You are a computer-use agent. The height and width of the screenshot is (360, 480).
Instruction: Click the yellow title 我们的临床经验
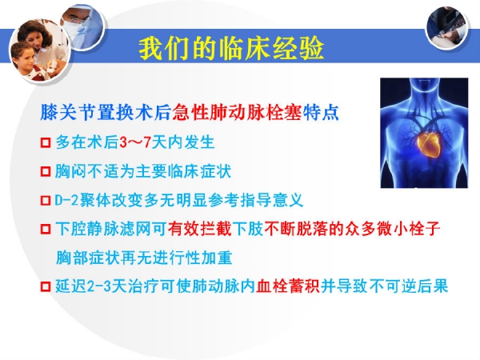pyautogui.click(x=231, y=48)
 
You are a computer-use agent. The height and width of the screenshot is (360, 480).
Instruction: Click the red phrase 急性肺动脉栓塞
pyautogui.click(x=237, y=112)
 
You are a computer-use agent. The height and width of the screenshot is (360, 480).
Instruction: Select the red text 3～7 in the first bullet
pyautogui.click(x=135, y=142)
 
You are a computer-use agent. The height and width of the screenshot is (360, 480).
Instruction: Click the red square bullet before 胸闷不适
pyautogui.click(x=46, y=171)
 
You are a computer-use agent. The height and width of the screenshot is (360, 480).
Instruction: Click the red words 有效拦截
pyautogui.click(x=199, y=229)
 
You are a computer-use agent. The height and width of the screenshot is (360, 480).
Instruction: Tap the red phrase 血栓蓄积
pyautogui.click(x=288, y=286)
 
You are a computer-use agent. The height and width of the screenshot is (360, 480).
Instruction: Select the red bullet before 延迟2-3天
pyautogui.click(x=46, y=287)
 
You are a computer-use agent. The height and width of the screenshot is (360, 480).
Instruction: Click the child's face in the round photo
pyautogui.click(x=23, y=58)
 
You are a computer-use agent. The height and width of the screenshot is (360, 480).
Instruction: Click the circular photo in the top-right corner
pyautogui.click(x=447, y=27)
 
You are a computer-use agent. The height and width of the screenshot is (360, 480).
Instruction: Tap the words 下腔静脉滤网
pyautogui.click(x=103, y=229)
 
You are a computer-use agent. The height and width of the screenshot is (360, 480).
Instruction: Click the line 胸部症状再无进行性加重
pyautogui.click(x=144, y=258)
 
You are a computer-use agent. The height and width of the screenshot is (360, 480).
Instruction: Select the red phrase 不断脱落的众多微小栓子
pyautogui.click(x=352, y=229)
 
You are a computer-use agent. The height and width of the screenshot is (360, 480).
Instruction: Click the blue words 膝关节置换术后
pyautogui.click(x=106, y=112)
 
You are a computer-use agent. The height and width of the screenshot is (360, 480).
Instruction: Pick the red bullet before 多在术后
pyautogui.click(x=46, y=142)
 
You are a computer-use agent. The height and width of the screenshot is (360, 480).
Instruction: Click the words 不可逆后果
pyautogui.click(x=408, y=286)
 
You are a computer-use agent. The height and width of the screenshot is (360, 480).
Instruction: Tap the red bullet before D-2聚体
pyautogui.click(x=46, y=201)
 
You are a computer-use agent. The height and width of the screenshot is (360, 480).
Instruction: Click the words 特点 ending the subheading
pyautogui.click(x=321, y=112)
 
